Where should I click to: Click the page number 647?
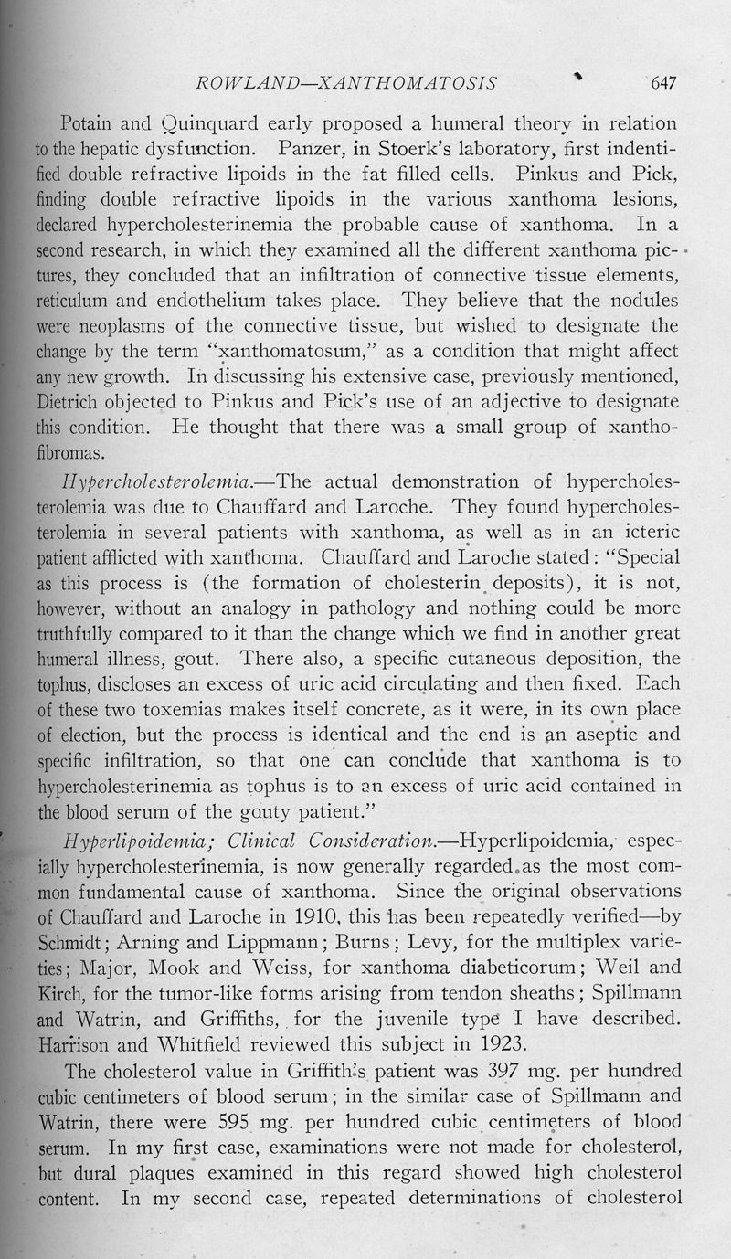(662, 83)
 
